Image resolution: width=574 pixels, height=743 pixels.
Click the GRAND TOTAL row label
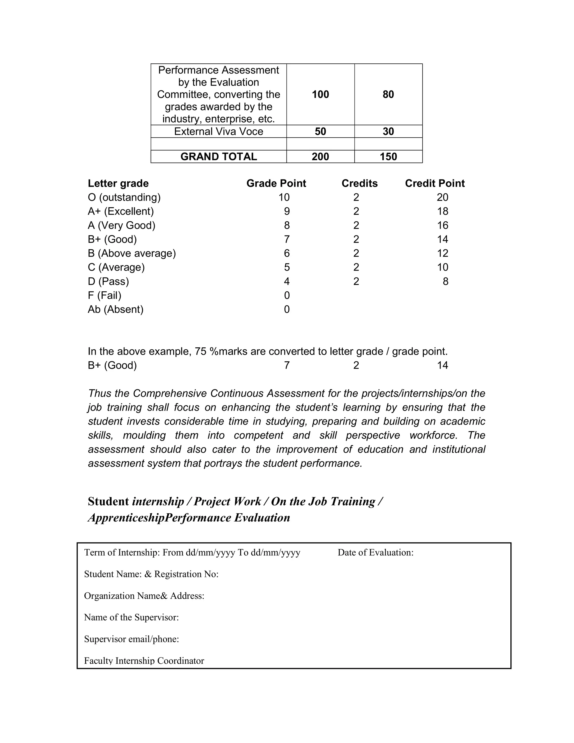pyautogui.click(x=218, y=156)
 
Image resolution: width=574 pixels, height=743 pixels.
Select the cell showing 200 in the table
pyautogui.click(x=320, y=156)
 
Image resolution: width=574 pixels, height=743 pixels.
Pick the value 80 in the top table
pyautogui.click(x=388, y=94)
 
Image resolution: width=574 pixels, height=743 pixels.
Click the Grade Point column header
pyautogui.click(x=276, y=183)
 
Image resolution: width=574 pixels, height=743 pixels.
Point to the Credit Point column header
pyautogui.click(x=435, y=183)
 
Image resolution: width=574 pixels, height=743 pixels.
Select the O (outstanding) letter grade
pyautogui.click(x=124, y=197)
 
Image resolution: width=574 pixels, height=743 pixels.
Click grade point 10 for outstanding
pyautogui.click(x=284, y=197)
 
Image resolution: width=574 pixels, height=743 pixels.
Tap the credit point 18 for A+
pyautogui.click(x=442, y=211)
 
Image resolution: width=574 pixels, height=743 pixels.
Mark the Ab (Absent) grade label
pyautogui.click(x=116, y=309)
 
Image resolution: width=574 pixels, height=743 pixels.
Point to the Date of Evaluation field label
pyautogui.click(x=375, y=553)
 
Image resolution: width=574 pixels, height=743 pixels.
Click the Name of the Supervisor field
pyautogui.click(x=131, y=617)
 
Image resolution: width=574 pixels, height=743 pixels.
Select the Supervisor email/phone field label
pyautogui.click(x=131, y=639)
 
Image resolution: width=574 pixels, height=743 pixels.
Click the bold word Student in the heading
pyautogui.click(x=108, y=502)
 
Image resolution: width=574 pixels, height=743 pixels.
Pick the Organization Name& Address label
pyautogui.click(x=144, y=596)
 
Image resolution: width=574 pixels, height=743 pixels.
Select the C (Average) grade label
pyautogui.click(x=116, y=267)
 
